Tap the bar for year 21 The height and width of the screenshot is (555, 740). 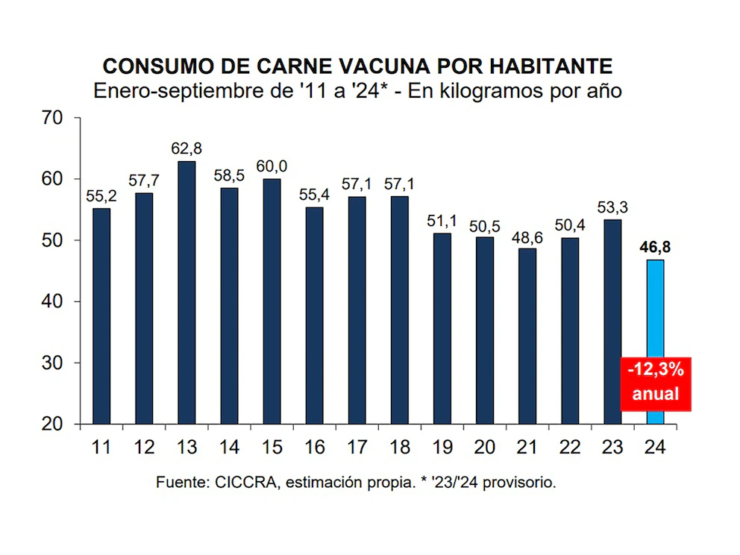point(527,336)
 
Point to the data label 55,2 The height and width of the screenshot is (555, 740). point(101,197)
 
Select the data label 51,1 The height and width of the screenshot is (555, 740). point(442,222)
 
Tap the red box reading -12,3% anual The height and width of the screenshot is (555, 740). point(656,383)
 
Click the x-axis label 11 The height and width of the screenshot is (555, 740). point(101,447)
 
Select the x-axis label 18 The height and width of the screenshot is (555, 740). point(399,447)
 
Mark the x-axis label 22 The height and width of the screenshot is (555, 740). point(569,447)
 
